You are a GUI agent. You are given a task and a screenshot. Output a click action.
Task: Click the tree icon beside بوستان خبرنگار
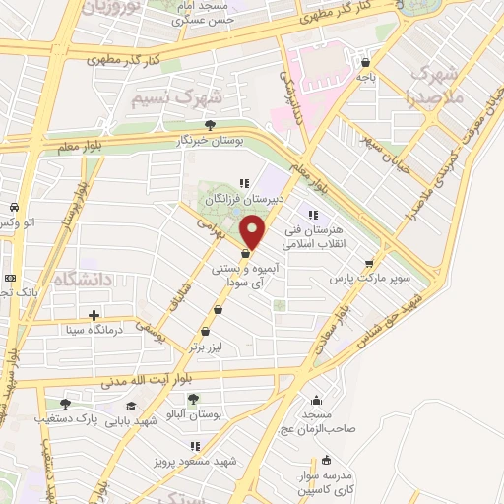210,125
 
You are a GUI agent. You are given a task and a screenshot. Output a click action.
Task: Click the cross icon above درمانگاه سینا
94,316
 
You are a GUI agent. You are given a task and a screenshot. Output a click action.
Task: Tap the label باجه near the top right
365,75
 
